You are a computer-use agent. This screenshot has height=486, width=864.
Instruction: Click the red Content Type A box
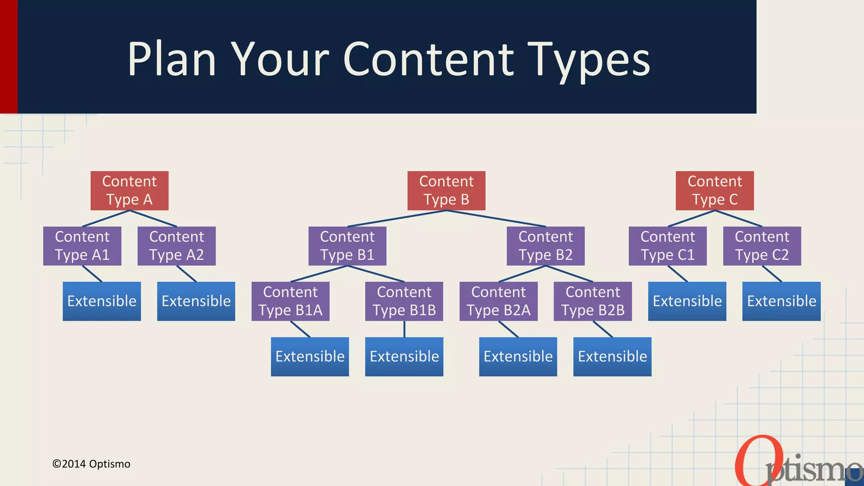tap(130, 190)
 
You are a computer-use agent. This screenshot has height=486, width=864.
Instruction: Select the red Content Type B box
tap(446, 190)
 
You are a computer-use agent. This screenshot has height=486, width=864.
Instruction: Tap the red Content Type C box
tap(715, 190)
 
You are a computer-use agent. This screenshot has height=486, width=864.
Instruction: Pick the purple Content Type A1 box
tap(82, 246)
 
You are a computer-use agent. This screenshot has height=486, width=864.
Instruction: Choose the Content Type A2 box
tap(176, 246)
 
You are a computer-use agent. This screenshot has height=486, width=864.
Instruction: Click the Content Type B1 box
tap(347, 246)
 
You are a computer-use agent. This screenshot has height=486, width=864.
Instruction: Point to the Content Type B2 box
tap(545, 246)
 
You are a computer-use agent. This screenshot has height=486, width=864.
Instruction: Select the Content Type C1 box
tap(667, 246)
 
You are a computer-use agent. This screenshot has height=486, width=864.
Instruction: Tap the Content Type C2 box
tap(762, 246)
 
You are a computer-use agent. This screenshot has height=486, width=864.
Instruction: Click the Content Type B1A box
tap(290, 301)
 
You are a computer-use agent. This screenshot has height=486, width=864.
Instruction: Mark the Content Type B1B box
tap(404, 301)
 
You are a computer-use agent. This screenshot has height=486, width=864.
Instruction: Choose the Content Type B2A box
tap(499, 301)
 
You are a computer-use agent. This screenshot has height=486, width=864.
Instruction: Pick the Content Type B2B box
tap(593, 301)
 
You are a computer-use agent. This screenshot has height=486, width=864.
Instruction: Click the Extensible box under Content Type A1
tap(102, 301)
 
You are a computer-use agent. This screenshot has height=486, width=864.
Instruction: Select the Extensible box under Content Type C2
tap(781, 301)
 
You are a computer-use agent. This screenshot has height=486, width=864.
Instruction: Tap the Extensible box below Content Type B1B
tap(404, 356)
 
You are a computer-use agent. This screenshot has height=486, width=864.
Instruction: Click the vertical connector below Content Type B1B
tap(404, 329)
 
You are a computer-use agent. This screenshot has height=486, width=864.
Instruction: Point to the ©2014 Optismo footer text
tap(91, 464)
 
